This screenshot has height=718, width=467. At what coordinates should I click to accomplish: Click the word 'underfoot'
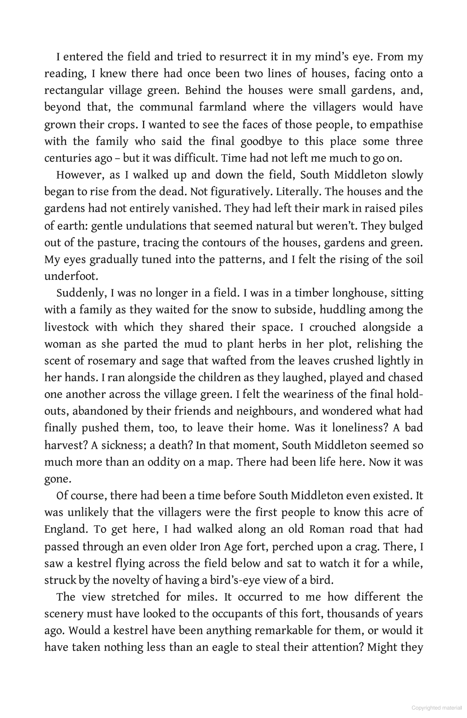coord(71,276)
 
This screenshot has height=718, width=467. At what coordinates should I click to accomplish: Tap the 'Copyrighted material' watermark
coord(436,708)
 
